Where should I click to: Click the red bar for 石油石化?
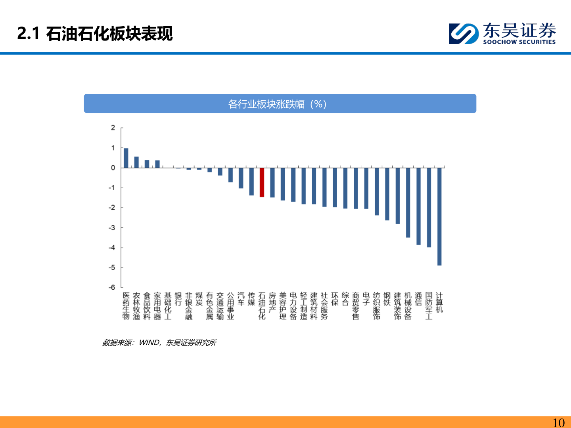click(x=262, y=182)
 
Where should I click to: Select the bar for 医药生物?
click(x=126, y=158)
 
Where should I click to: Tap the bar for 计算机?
click(x=439, y=216)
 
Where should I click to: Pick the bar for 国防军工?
click(x=429, y=207)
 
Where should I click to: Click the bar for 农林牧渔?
click(x=136, y=162)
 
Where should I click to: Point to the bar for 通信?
click(x=418, y=206)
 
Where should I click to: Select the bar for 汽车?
click(x=241, y=178)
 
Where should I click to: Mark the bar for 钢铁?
click(x=387, y=194)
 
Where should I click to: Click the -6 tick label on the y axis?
click(x=112, y=287)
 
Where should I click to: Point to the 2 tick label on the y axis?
click(x=113, y=128)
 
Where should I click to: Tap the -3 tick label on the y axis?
click(x=112, y=227)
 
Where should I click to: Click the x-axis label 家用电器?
click(x=157, y=306)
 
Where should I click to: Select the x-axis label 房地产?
click(x=272, y=302)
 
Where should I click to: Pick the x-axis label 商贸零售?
click(x=356, y=306)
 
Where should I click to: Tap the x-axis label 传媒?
click(x=251, y=299)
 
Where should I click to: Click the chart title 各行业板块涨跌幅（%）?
click(x=278, y=104)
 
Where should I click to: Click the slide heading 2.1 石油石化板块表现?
click(x=95, y=33)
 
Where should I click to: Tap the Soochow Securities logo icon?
click(x=464, y=33)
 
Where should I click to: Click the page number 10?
click(x=558, y=422)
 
